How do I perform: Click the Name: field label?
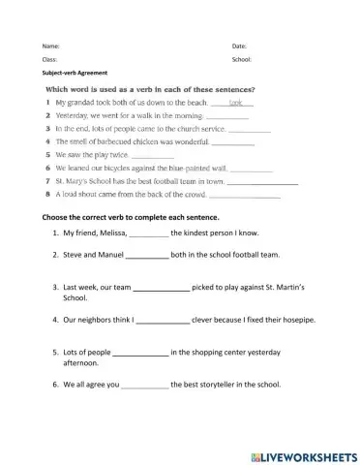click(x=50, y=46)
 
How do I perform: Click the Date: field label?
click(x=239, y=46)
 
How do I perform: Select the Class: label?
click(x=50, y=59)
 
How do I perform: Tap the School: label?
click(x=242, y=59)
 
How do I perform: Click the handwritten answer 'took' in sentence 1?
click(x=234, y=101)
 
